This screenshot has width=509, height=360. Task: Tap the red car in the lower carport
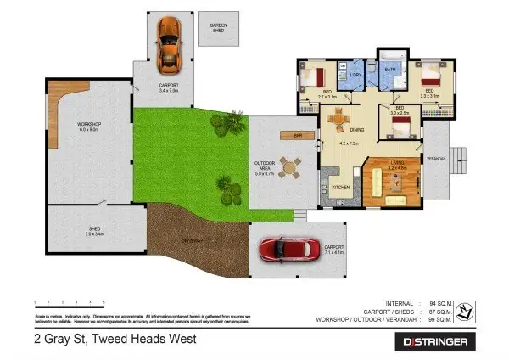point(284,249)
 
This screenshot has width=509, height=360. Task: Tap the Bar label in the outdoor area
point(297,135)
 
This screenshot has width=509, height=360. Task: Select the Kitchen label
point(340,187)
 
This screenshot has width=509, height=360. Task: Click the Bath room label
point(391,70)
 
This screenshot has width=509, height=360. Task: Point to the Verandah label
point(435,158)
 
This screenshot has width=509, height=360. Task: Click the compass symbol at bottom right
point(464,312)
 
